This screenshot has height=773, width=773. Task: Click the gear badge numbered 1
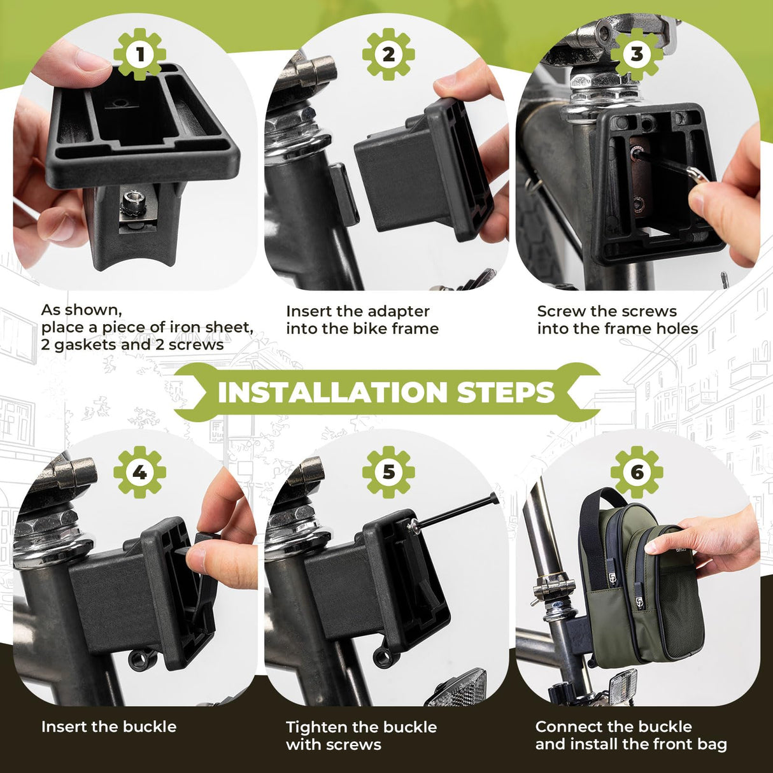pos(139,55)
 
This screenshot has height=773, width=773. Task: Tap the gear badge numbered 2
pos(388,55)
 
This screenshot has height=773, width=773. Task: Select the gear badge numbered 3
pos(637,55)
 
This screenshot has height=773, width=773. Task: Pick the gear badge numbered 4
pos(139,472)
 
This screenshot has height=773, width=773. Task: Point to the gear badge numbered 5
pos(388,472)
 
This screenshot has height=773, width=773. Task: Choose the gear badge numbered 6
pos(637,472)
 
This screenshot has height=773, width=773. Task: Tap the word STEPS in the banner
pos(506,392)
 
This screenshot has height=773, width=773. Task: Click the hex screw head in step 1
pos(132,198)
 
